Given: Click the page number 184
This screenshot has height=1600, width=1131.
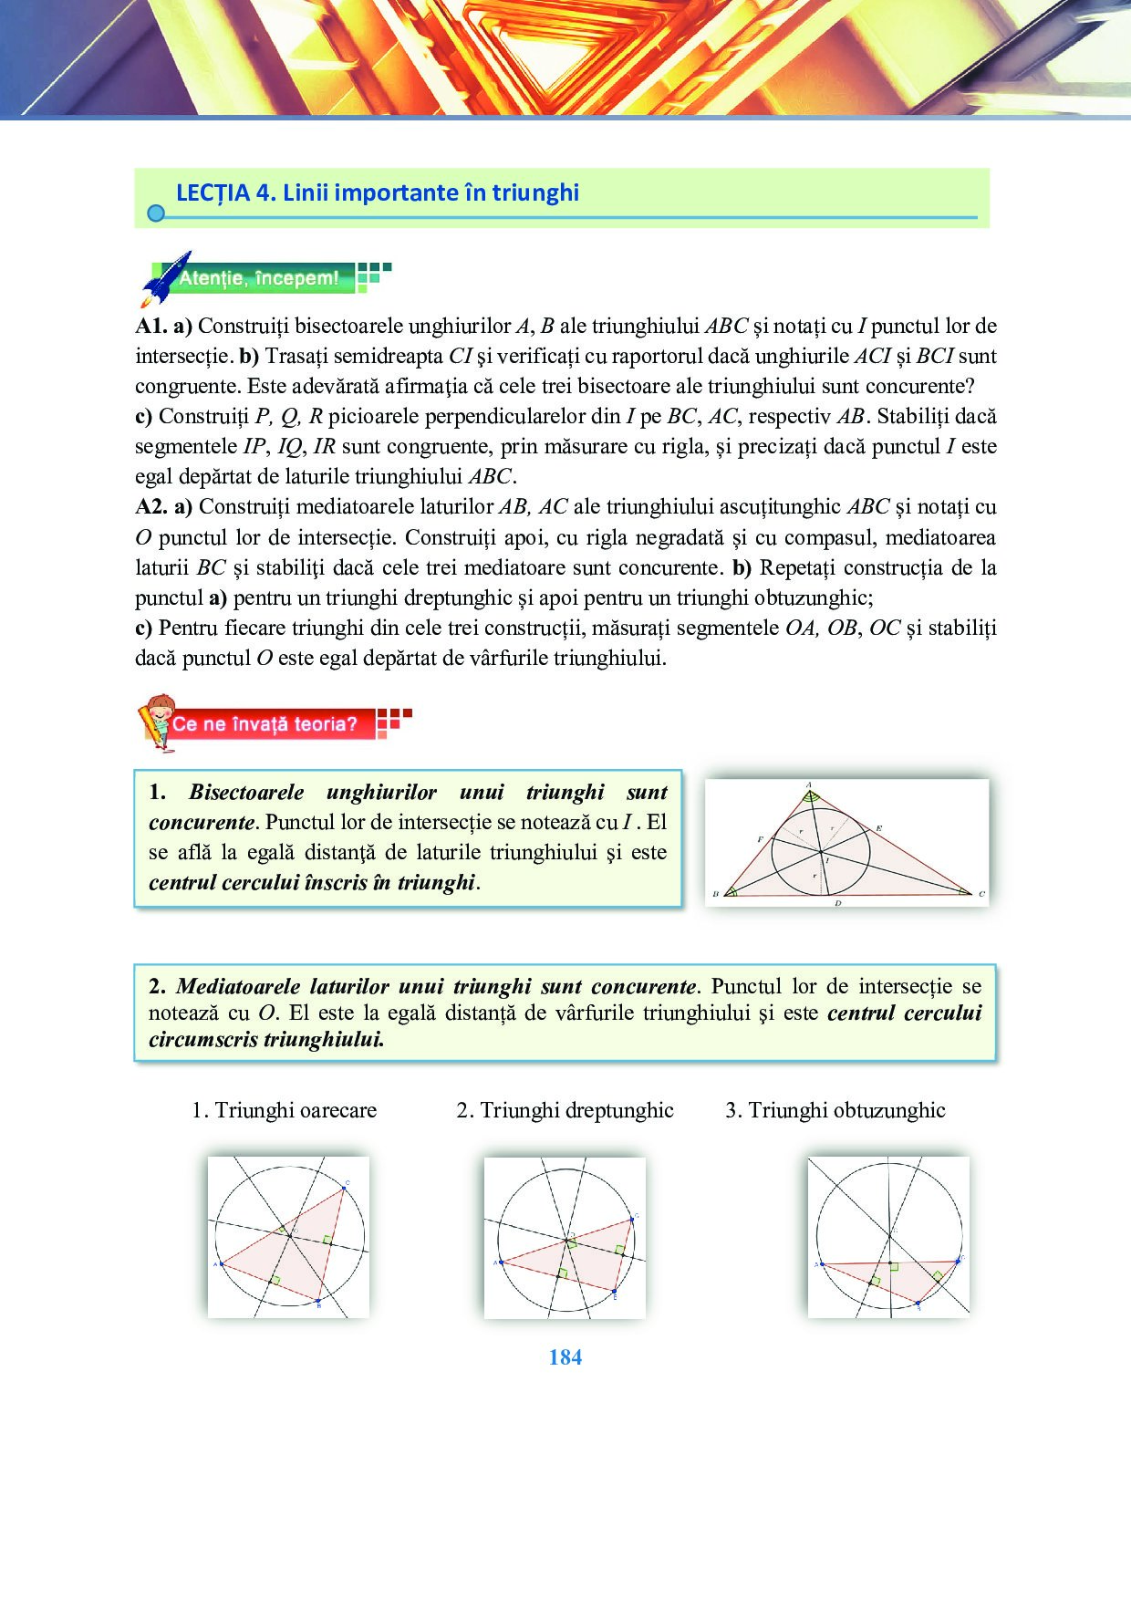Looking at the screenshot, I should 565,1357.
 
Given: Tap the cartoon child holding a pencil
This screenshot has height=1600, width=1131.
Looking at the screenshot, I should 157,721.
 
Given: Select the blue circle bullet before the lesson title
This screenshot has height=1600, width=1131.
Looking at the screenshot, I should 156,213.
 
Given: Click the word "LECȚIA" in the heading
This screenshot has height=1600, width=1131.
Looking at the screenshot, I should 213,192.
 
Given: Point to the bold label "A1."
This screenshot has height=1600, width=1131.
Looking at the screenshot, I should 150,327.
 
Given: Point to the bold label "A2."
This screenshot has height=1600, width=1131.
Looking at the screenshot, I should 151,507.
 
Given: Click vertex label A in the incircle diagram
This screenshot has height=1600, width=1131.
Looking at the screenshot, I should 808,784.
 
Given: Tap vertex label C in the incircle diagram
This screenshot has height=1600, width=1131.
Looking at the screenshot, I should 981,894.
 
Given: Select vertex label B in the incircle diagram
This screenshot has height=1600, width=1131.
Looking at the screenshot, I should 715,894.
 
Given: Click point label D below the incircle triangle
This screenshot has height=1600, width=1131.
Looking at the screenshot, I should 837,903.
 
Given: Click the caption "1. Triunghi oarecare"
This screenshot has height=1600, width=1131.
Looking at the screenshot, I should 284,1110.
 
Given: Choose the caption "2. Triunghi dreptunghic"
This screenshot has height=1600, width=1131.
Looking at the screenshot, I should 565,1110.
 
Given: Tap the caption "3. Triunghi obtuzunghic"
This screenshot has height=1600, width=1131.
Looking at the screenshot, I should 835,1110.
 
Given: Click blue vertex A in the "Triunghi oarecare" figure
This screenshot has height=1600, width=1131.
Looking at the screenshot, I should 222,1263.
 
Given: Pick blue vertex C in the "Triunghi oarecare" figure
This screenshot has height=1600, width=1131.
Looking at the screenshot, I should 345,1187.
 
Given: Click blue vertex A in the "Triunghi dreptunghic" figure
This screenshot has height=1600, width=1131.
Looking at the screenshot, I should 501,1262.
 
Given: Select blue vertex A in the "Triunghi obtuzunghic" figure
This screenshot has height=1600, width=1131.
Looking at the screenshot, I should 822,1264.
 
